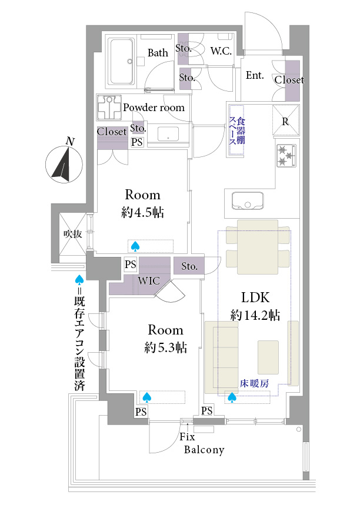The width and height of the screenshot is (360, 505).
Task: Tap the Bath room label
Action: [157, 53]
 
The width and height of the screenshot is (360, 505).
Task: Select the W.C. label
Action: [221, 51]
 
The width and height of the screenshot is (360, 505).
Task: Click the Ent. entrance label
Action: [254, 75]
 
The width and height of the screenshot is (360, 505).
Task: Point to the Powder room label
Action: [154, 108]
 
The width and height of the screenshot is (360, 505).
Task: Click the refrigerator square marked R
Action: [285, 121]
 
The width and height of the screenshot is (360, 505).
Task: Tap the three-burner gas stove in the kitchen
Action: [285, 156]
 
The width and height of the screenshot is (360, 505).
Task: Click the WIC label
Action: [148, 281]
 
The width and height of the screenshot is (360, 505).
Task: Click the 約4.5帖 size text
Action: [142, 213]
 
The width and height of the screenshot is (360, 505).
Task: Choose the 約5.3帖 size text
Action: [165, 347]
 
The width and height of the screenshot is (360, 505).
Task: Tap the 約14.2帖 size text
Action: [255, 316]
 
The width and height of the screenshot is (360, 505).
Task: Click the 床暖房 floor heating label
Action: [255, 383]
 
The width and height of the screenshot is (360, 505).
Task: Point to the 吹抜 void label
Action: [72, 234]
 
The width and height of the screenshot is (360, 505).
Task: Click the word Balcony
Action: [204, 450]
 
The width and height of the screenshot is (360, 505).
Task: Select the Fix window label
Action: [187, 438]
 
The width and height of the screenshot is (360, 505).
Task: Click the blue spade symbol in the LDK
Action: [232, 398]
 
